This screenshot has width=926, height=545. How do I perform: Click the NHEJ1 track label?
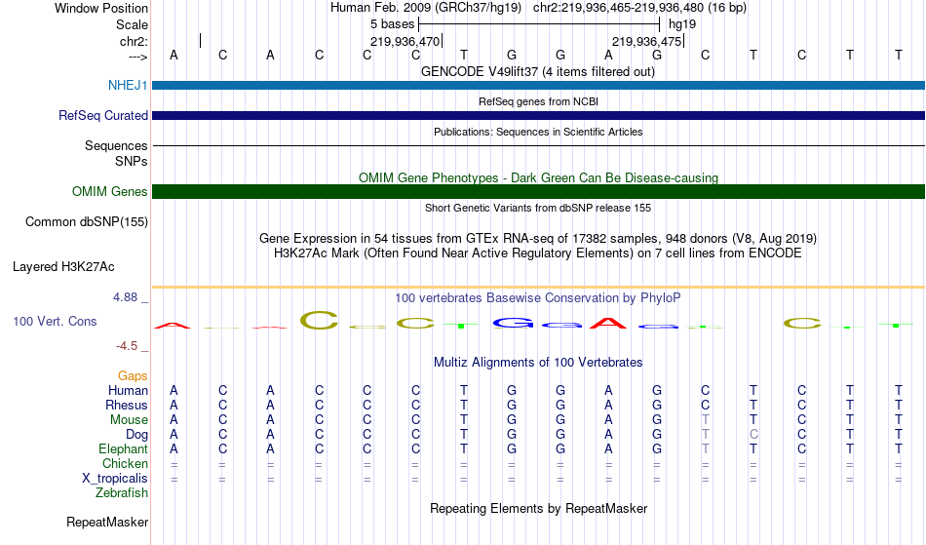128,86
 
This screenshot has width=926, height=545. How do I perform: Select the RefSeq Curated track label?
103,116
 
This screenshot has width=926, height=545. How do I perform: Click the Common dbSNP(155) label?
87,222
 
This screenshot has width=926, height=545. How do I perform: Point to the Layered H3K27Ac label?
63,266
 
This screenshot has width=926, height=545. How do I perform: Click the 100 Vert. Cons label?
55,321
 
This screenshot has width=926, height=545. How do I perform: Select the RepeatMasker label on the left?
107,523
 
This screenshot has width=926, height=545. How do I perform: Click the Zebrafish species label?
122,493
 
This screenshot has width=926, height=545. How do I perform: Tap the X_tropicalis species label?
115,479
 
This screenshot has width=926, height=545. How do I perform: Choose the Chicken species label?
125,464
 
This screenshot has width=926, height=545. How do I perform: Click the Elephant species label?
123,449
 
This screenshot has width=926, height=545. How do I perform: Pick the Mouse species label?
129,420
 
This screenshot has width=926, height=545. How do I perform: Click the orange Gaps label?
133,376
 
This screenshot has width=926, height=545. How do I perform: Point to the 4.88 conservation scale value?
130,297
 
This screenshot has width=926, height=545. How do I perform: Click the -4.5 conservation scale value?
133,346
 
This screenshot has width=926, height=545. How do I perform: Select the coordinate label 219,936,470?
405,42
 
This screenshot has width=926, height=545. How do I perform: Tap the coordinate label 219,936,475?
646,42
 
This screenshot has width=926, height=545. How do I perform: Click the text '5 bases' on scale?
392,24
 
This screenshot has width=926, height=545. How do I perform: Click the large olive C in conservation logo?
319,319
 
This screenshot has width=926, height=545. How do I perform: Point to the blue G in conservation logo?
512,322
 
